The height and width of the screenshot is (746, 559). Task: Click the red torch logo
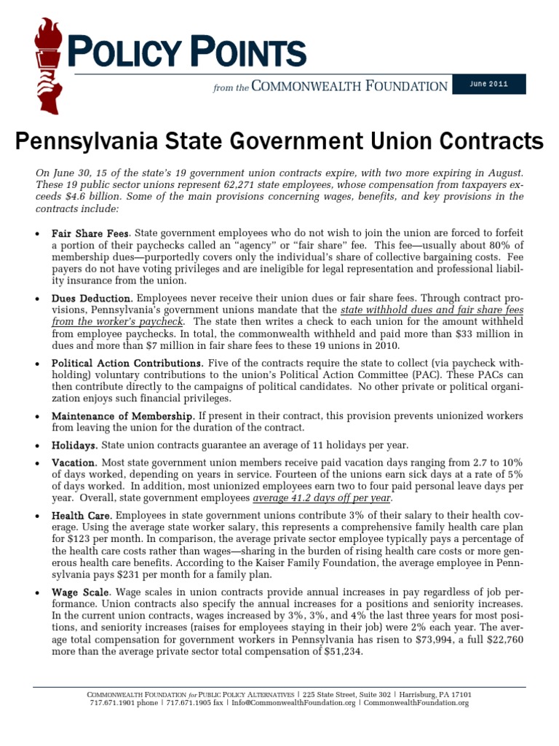(x=49, y=64)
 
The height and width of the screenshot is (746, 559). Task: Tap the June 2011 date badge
(x=488, y=84)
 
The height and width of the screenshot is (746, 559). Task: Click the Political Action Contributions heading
(x=127, y=362)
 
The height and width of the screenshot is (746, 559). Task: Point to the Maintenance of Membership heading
(x=122, y=415)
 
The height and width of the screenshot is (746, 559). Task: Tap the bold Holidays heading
(x=74, y=444)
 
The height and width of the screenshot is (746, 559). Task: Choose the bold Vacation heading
(x=74, y=463)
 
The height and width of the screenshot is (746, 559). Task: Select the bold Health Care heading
(x=81, y=516)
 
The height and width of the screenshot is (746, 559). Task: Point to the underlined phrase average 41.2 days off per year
(x=322, y=498)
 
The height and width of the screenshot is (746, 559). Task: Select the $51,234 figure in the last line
(x=340, y=652)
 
